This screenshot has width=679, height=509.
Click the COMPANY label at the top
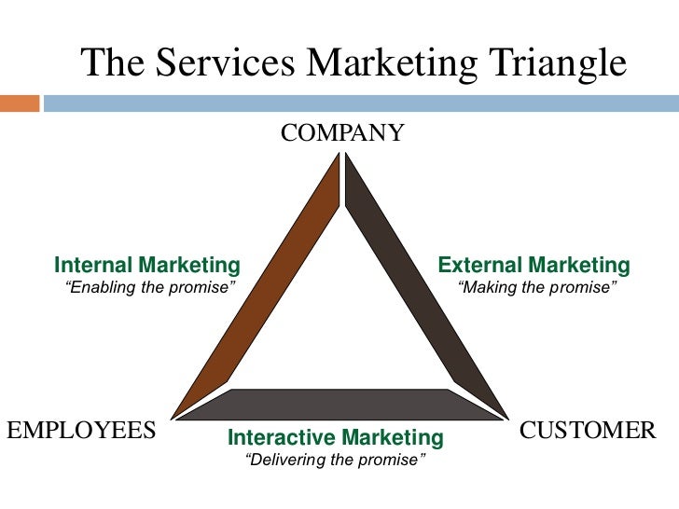pos(342,133)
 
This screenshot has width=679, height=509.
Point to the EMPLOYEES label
pos(80,430)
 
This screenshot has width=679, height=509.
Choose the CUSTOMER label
pos(588,430)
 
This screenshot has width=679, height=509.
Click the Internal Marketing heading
pos(147,265)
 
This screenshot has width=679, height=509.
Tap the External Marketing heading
pos(534,265)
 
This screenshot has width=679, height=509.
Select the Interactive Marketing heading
pos(336,437)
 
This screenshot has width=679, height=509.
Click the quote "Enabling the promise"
pos(148,287)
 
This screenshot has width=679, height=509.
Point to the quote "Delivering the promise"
pos(335,460)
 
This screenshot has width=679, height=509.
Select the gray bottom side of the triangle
pos(340,404)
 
